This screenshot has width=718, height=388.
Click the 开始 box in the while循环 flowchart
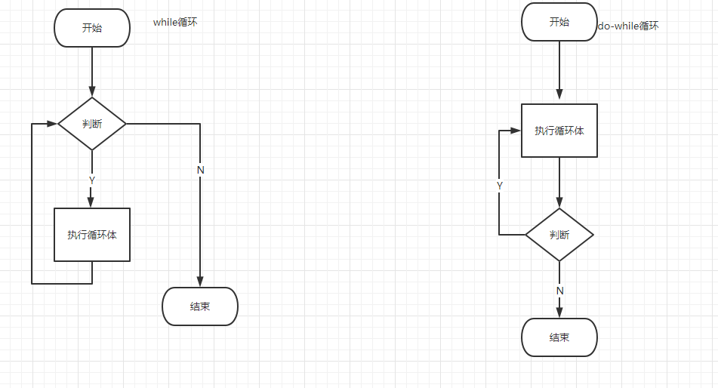point(92,28)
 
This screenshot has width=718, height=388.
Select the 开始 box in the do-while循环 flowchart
point(559,22)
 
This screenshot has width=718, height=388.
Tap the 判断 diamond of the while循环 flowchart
point(92,124)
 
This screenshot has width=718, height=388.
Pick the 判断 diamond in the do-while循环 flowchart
point(559,235)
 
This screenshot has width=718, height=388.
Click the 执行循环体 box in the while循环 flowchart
point(92,235)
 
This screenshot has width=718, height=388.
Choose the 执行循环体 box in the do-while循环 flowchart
point(559,131)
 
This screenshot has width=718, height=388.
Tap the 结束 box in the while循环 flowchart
point(200,306)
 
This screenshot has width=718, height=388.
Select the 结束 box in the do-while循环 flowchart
point(559,337)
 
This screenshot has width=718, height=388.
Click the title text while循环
point(175,23)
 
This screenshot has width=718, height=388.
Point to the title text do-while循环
point(628,26)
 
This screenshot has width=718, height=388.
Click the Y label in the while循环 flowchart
point(92,180)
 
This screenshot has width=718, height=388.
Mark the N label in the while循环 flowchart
point(201,170)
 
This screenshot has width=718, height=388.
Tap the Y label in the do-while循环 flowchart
point(500,185)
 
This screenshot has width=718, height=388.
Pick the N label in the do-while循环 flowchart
point(560,291)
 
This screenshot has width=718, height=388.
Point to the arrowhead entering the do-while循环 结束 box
point(559,313)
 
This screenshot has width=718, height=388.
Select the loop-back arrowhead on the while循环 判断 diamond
point(53,124)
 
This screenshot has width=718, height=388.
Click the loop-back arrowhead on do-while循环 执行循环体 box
point(516,131)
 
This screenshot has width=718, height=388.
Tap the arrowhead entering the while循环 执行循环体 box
point(92,202)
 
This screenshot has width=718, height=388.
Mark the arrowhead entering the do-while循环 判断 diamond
point(559,203)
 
